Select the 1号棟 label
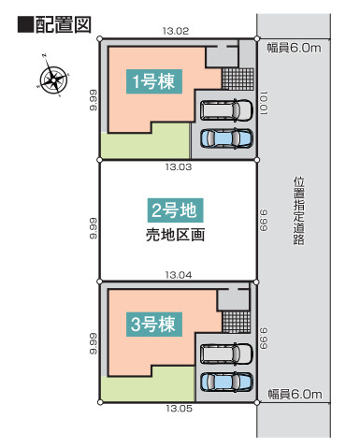pyautogui.click(x=154, y=81)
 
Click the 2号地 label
pyautogui.click(x=175, y=210)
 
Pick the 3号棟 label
pyautogui.click(x=154, y=325)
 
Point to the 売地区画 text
pyautogui.click(x=175, y=235)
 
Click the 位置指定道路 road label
pyautogui.click(x=299, y=211)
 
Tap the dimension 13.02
pyautogui.click(x=176, y=31)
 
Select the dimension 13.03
pyautogui.click(x=179, y=166)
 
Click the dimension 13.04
pyautogui.click(x=179, y=275)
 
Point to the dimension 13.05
pyautogui.click(x=179, y=408)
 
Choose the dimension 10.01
pyautogui.click(x=264, y=103)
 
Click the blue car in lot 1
pyautogui.click(x=226, y=138)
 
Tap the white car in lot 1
pyautogui.click(x=226, y=110)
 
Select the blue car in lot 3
pyautogui.click(x=226, y=382)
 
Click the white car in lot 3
pyautogui.click(x=226, y=354)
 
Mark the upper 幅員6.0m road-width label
pyautogui.click(x=294, y=48)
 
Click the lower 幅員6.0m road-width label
pyautogui.click(x=295, y=395)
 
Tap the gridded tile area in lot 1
pyautogui.click(x=238, y=79)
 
